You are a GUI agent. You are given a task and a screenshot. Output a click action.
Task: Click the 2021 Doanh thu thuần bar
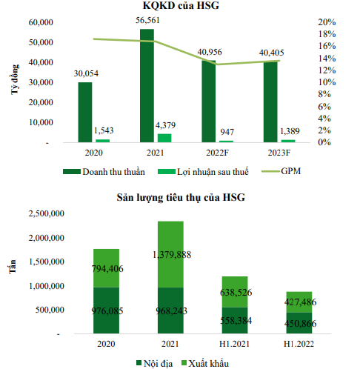pos(147,85)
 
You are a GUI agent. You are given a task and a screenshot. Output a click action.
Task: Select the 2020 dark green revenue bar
pos(85,112)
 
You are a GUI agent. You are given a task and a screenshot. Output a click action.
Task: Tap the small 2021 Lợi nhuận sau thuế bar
pos(164,138)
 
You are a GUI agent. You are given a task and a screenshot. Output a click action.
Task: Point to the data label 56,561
pos(147,20)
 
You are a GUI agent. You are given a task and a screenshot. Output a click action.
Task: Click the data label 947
pos(227,132)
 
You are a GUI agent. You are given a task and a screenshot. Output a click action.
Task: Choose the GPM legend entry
pos(281,171)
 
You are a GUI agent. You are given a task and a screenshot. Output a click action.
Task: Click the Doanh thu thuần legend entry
pos(104,172)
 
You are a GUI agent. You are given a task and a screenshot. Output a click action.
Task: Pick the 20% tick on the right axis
pos(327,22)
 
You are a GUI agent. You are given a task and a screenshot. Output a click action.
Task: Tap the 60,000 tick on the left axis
pos(41,22)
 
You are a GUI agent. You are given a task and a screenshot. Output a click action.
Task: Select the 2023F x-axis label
pos(279,153)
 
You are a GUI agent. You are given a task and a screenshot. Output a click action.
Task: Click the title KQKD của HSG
pos(181,5)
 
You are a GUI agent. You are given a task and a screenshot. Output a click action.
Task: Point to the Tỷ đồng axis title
pos(15,79)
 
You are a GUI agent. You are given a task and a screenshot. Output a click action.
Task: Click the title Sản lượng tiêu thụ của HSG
pos(181,197)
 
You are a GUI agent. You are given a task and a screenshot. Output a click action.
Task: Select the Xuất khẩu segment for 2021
pos(170,254)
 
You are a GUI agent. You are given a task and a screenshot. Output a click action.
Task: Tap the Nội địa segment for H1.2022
pos(299,323)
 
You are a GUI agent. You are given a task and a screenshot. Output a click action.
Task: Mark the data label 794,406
pos(107,268)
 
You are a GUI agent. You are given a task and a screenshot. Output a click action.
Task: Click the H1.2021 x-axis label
pos(234,344)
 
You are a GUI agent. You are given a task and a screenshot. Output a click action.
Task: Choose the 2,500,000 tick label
pos(47,213)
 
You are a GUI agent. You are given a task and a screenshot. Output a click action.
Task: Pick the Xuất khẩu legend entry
pos(205,363)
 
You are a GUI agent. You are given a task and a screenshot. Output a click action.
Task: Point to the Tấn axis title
pos(13,267)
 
